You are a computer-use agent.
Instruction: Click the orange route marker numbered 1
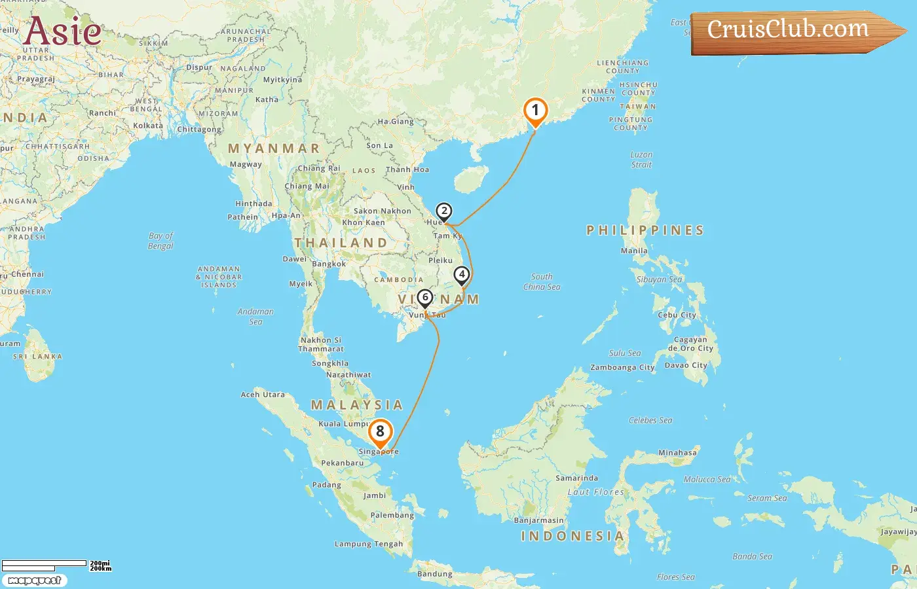(535, 111)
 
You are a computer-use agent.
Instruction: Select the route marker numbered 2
(444, 211)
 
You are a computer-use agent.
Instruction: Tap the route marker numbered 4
(462, 275)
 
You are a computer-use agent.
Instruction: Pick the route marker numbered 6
(425, 298)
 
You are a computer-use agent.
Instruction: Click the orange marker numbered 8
(380, 432)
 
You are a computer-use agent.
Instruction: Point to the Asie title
(63, 31)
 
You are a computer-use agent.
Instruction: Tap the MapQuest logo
(34, 580)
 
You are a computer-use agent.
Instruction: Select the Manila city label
(634, 251)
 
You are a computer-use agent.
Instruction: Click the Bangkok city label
(329, 264)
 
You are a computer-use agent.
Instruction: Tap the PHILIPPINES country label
(645, 230)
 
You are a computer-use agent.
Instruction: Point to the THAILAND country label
(341, 243)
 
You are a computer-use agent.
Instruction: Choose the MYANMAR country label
(274, 149)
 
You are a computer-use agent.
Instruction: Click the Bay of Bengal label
(160, 241)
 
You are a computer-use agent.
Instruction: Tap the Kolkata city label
(148, 126)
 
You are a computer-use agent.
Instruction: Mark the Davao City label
(686, 365)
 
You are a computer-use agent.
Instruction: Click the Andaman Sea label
(255, 317)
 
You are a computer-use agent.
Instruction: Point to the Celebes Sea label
(650, 420)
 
